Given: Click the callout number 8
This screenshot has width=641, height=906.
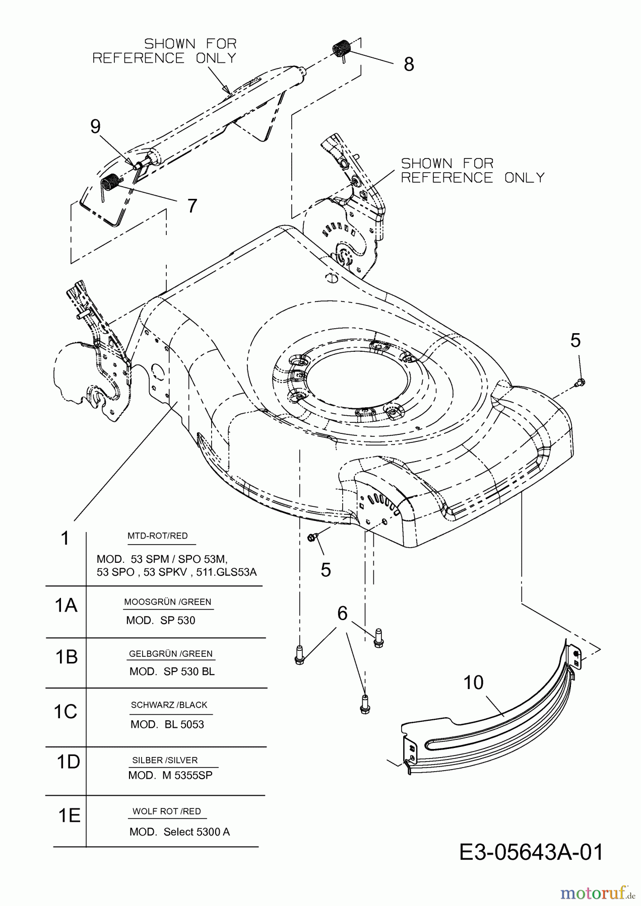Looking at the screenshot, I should point(409,64).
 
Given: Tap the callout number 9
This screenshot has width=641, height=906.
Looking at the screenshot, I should point(95,126).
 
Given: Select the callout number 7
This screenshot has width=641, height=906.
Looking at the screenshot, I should point(192,206).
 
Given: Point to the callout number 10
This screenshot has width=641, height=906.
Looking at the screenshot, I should point(473,683).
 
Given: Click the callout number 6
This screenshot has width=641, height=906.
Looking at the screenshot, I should point(342,614).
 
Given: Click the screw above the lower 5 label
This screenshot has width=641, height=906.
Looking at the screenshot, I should point(311,538).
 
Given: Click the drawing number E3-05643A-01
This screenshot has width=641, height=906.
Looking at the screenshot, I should point(531,853).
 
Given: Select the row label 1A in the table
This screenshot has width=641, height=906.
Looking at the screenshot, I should point(66,606).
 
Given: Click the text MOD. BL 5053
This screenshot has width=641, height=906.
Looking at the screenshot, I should point(167,724).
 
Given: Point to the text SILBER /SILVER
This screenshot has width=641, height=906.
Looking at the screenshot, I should point(165,760).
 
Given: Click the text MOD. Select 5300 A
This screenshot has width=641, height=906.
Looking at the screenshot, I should point(179,832).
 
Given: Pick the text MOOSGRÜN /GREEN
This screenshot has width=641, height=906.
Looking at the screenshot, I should point(168,602).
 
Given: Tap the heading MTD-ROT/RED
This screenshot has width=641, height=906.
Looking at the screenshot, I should point(158,536).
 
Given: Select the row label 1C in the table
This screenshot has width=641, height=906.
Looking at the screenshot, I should point(66,712).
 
